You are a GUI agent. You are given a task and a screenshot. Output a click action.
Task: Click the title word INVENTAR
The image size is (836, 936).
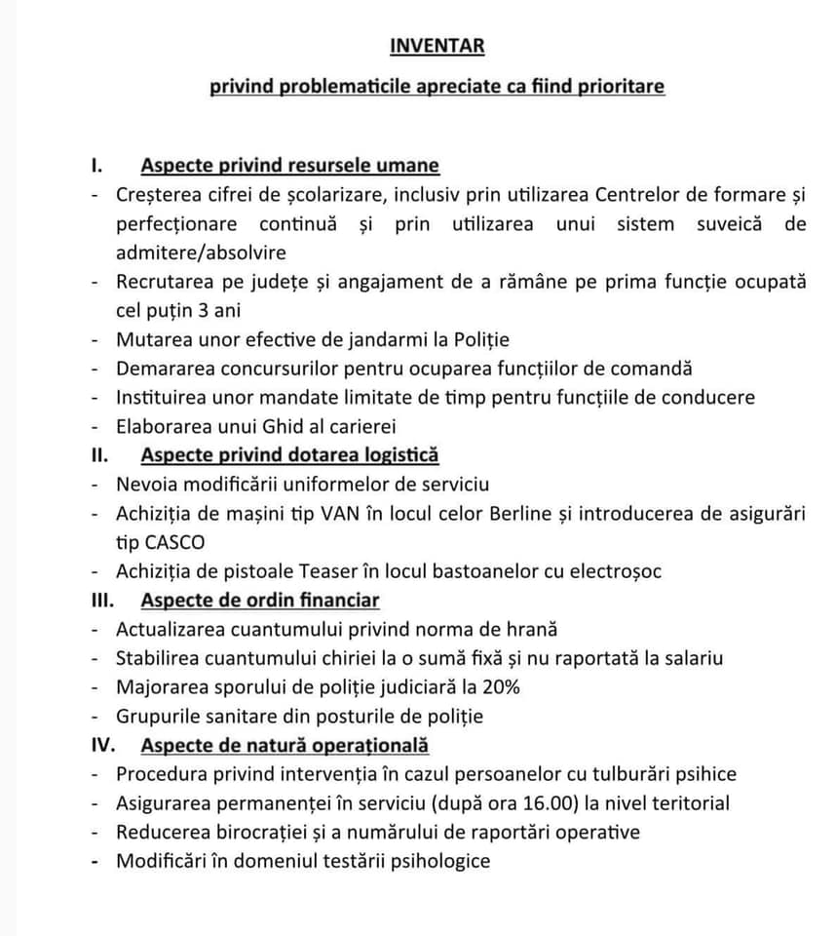[437, 46]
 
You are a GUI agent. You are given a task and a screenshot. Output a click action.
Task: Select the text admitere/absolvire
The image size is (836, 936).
[201, 253]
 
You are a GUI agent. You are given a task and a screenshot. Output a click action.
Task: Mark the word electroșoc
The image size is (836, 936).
[608, 570]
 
